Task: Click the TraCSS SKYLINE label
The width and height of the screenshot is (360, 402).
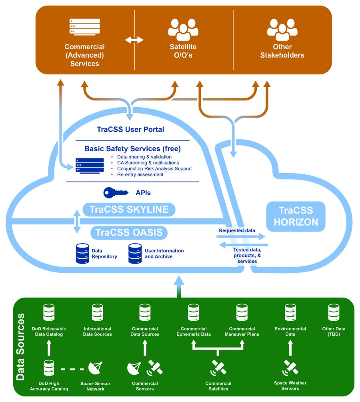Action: point(129,209)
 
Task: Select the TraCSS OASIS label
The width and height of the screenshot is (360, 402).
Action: point(129,232)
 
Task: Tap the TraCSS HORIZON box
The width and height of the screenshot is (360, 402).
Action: point(296,216)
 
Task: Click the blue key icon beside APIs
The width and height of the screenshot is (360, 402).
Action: point(116,193)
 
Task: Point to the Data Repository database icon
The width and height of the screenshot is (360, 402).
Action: point(82,254)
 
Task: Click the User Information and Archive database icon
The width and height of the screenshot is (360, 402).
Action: point(135,254)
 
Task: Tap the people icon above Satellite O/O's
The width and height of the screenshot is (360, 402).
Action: point(183,29)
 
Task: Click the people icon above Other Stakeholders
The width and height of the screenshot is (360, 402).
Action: point(282,29)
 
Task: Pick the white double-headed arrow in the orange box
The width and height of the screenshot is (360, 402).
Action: point(134,40)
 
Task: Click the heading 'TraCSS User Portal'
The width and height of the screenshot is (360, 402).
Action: point(130,129)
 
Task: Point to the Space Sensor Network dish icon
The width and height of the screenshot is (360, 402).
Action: point(95,369)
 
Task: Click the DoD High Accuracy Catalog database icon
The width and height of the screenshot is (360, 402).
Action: point(49,368)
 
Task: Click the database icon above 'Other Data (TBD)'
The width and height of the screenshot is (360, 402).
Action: point(334,313)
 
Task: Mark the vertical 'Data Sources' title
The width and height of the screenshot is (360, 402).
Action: point(20,346)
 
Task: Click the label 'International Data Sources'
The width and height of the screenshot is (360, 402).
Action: point(98,332)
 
